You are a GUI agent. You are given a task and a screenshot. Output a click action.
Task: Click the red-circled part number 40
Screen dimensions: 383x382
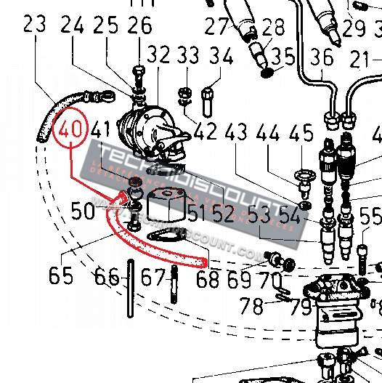click(70, 132)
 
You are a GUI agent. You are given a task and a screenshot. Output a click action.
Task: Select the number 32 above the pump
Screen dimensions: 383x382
click(158, 55)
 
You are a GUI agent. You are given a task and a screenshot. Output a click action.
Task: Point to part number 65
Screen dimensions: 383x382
click(62, 276)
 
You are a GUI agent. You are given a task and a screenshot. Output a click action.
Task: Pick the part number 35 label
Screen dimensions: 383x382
click(284, 56)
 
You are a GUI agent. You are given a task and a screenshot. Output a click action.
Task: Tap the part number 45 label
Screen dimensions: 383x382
click(301, 134)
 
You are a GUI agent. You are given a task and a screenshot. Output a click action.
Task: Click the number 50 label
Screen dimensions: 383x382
click(84, 211)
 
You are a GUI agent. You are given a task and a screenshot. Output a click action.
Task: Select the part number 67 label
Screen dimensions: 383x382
click(153, 278)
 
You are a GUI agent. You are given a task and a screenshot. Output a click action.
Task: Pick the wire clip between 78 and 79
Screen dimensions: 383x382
click(284, 294)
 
